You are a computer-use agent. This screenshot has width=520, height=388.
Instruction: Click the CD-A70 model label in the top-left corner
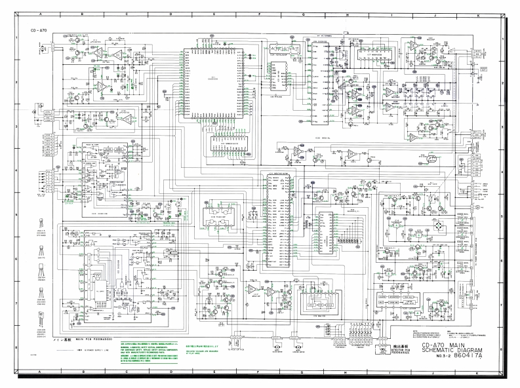pos(33,31)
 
